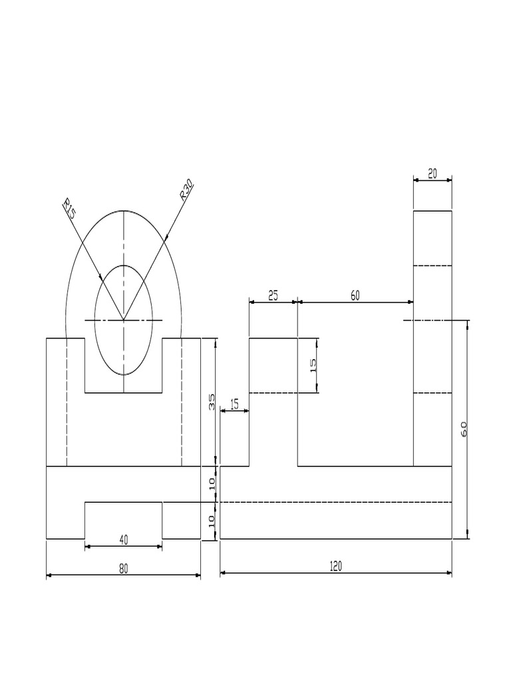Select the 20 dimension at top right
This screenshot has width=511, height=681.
pyautogui.click(x=432, y=174)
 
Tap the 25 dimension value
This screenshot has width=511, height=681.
pyautogui.click(x=273, y=296)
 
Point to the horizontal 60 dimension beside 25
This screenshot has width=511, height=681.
pyautogui.click(x=355, y=296)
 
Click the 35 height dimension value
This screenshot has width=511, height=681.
pyautogui.click(x=212, y=401)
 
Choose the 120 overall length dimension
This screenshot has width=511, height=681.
pyautogui.click(x=336, y=566)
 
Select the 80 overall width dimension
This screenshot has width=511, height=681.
pyautogui.click(x=123, y=569)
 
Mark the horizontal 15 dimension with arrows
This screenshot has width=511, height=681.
pyautogui.click(x=234, y=404)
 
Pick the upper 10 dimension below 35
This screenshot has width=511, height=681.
pyautogui.click(x=212, y=484)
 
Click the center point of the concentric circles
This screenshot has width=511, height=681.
pyautogui.click(x=124, y=320)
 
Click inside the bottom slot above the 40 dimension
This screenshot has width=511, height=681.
pyautogui.click(x=123, y=520)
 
